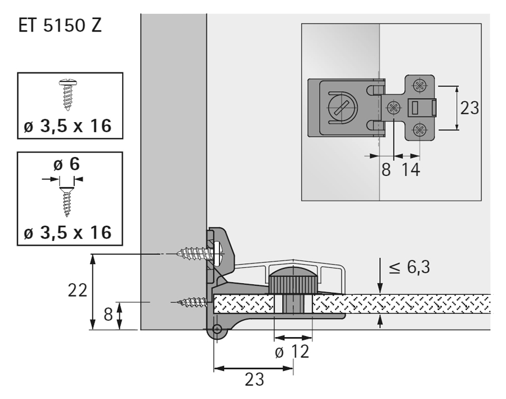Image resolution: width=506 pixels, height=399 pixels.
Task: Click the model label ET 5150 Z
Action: point(60,25)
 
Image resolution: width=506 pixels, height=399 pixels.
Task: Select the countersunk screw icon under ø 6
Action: point(67,202)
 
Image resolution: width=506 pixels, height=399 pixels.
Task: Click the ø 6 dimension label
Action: point(67,164)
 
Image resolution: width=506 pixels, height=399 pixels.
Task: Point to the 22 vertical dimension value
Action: point(78,290)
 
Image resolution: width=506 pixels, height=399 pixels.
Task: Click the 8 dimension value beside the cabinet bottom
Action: point(108,314)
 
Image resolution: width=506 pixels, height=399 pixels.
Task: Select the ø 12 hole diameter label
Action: point(292,352)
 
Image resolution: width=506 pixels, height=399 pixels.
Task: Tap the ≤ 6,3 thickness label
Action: point(409,267)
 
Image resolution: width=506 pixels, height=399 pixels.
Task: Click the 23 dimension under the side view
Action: point(254,380)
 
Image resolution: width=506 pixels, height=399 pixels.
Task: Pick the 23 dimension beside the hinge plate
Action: point(469,108)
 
